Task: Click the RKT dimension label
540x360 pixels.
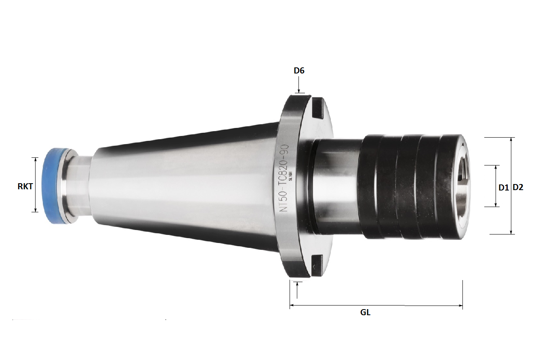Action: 25,186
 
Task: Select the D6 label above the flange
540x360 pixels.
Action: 299,71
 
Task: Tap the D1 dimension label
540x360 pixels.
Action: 503,187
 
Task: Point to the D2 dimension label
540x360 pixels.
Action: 518,187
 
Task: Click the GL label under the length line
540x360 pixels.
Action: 365,312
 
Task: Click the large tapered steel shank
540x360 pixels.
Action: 182,186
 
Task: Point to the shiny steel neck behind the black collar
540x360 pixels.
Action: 335,186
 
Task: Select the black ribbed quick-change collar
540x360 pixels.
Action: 408,186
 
